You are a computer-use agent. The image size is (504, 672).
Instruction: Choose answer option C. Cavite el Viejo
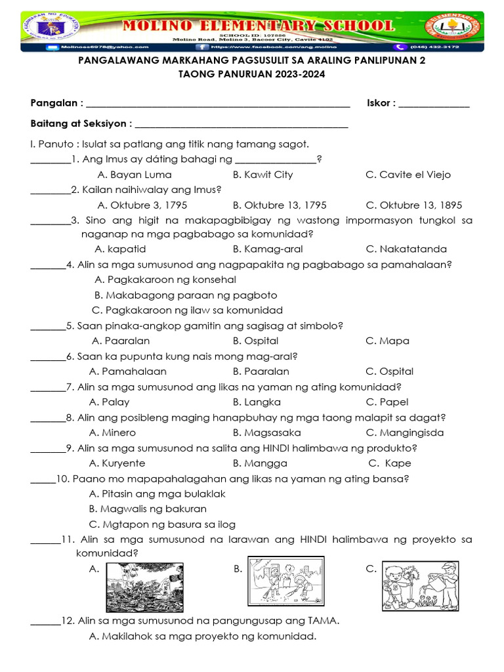click(408, 175)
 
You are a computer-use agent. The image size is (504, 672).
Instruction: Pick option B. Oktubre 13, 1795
click(280, 205)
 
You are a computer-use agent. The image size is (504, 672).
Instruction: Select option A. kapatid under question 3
click(120, 249)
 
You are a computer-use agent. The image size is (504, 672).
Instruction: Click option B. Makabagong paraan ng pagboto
click(186, 295)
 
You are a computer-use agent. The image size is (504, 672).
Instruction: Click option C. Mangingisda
click(404, 432)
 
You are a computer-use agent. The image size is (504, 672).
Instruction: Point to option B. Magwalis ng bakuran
click(148, 509)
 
